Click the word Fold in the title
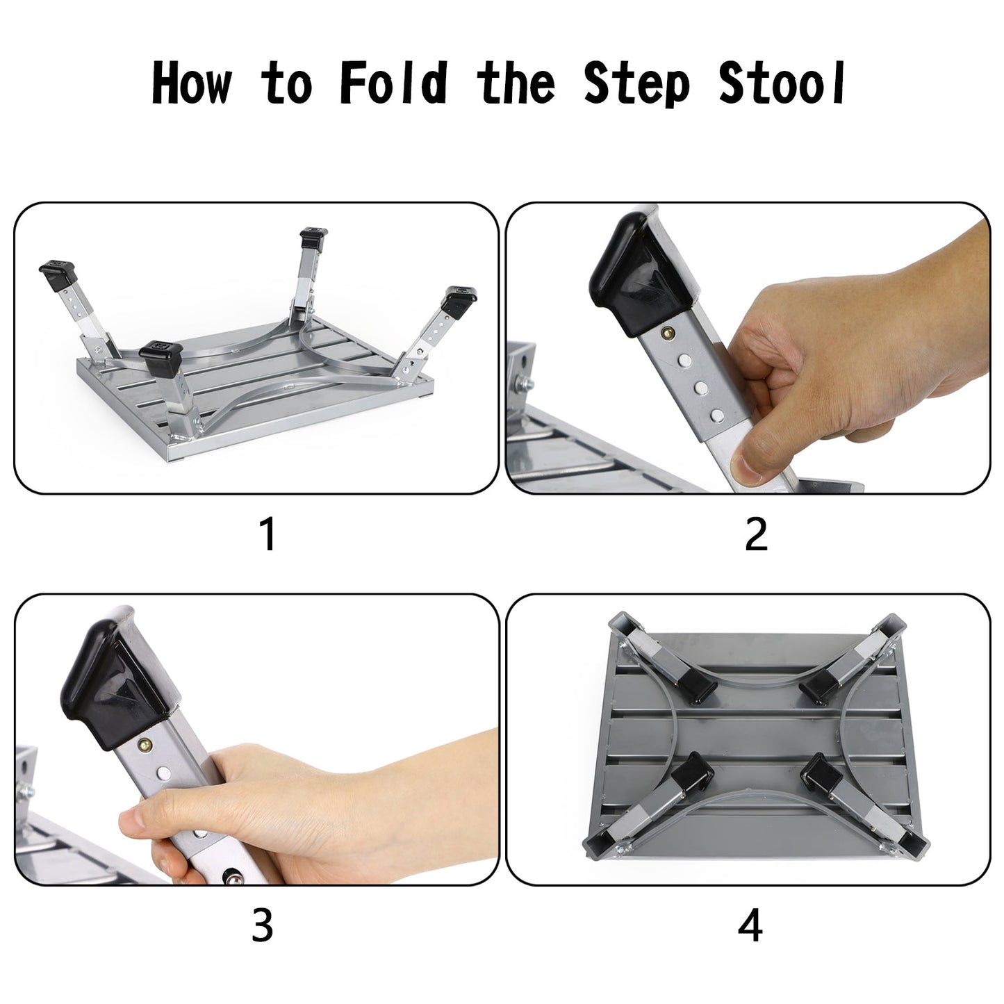click(393, 83)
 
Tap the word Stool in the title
click(782, 83)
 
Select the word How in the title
click(191, 83)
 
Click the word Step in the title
click(636, 85)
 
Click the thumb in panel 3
click(139, 827)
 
